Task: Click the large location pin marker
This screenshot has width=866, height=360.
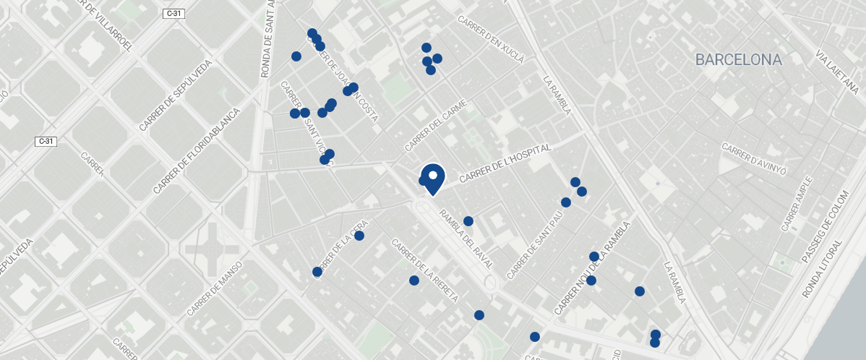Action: point(432,178)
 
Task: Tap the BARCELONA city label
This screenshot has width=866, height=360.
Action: point(738,60)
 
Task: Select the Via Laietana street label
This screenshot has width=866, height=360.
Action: point(836,73)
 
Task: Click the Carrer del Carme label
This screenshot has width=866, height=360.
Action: point(436,125)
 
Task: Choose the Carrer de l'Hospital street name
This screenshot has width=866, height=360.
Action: point(505,163)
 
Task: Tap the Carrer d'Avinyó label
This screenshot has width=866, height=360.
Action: point(753,158)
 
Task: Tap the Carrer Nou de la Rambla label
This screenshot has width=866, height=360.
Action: point(592,267)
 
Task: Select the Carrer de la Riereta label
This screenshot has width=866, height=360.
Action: point(424,270)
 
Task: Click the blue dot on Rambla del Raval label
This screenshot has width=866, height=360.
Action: point(468,221)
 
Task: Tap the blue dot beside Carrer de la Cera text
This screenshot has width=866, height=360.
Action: point(359,236)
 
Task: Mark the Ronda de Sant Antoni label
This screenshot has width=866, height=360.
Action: point(268,40)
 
